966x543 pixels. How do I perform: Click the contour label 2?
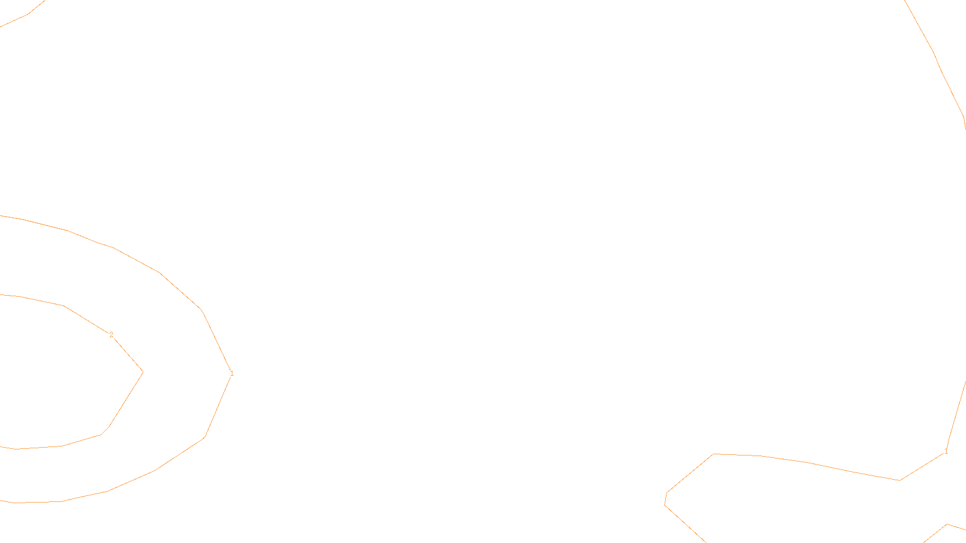(111, 335)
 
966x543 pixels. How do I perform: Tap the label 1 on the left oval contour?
(232, 374)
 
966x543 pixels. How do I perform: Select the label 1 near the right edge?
(946, 452)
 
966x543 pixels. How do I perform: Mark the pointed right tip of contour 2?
(142, 372)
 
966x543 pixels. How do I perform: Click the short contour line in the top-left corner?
(24, 15)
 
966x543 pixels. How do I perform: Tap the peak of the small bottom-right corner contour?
(947, 524)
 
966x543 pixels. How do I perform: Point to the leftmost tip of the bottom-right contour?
(665, 504)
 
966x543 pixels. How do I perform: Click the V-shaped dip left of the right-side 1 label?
(900, 480)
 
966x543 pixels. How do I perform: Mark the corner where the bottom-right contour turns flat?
(714, 454)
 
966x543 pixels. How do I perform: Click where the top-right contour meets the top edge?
(904, 1)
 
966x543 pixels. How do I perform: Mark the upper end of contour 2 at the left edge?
(1, 295)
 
